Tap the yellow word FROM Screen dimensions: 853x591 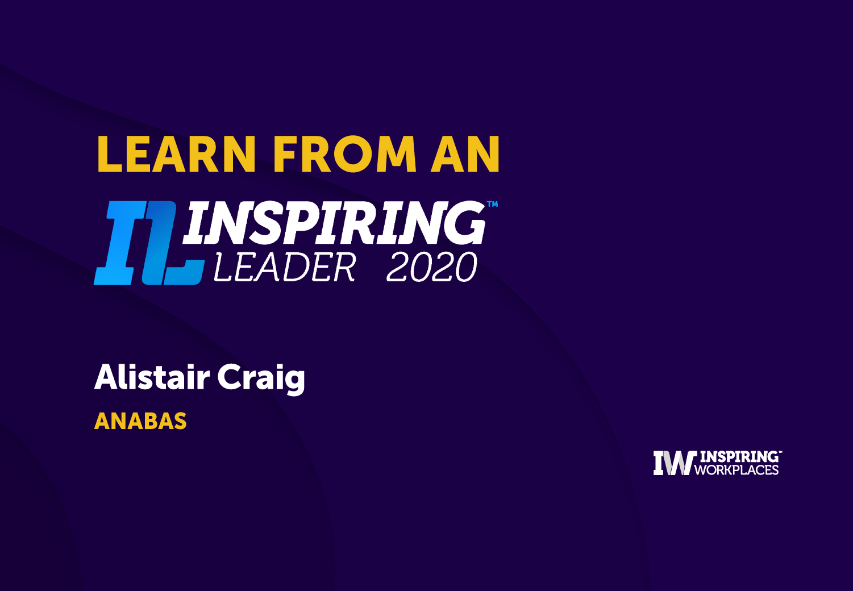tap(345, 154)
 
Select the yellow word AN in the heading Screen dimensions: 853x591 tap(465, 154)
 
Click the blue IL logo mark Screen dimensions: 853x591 tap(149, 243)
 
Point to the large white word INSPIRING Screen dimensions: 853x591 tap(334, 223)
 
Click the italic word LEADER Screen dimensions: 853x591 tap(285, 267)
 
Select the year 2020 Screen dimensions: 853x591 tap(432, 267)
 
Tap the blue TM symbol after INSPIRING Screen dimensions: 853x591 tap(492, 204)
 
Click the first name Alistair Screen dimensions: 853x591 tap(152, 377)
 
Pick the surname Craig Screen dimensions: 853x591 tap(261, 379)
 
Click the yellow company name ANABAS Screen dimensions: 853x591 tap(140, 421)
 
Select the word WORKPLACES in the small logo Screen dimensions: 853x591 tap(737, 469)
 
